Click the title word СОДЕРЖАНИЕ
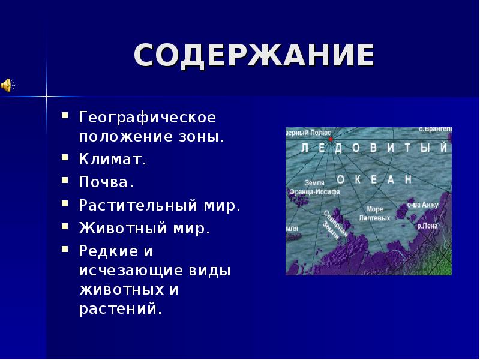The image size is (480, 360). pyautogui.click(x=254, y=55)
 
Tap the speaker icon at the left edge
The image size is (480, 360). pyautogui.click(x=7, y=85)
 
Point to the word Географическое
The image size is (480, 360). pyautogui.click(x=147, y=114)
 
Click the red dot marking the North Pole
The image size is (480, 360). pyautogui.click(x=331, y=139)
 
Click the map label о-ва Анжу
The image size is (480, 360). pyautogui.click(x=422, y=205)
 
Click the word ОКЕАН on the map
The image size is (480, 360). pyautogui.click(x=374, y=179)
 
